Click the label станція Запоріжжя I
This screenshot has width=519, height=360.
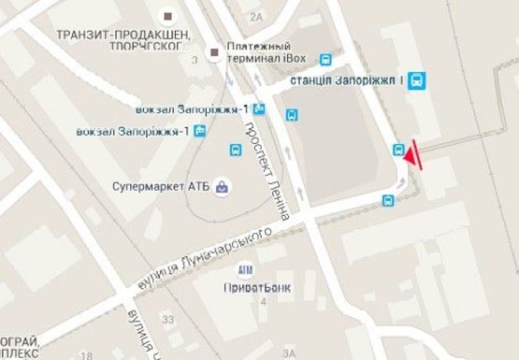tap(346, 81)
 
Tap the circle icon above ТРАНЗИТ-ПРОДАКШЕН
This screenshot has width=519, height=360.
tap(168, 15)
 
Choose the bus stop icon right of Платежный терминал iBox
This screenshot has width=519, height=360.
tap(325, 58)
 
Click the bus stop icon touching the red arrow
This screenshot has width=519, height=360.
tap(399, 149)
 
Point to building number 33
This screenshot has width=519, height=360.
tap(168, 320)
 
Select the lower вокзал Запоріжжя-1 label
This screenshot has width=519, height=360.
tap(135, 130)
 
